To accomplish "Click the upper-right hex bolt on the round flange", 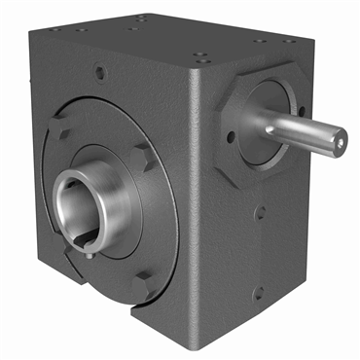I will pyautogui.click(x=143, y=154).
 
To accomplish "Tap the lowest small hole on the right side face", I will pyautogui.click(x=257, y=292).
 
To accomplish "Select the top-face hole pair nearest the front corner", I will pyautogui.click(x=198, y=56).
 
